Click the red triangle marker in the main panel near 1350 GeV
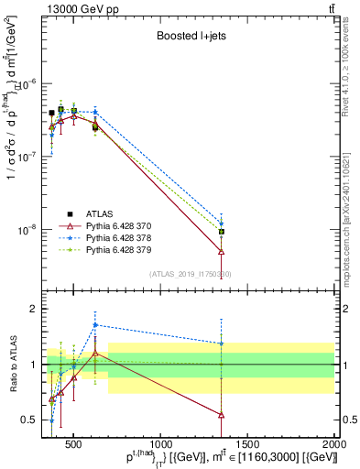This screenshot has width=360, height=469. point(221,250)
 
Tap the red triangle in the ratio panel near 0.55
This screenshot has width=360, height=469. point(221,414)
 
